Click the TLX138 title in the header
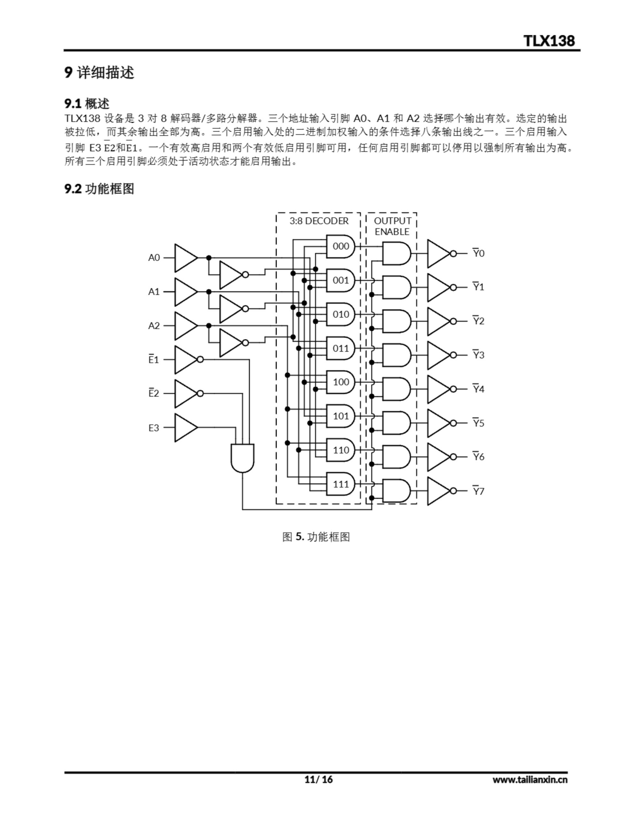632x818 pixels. pos(549,41)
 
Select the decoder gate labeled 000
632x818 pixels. pos(340,246)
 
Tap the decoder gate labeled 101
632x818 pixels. pos(340,416)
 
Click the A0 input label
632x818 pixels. pos(154,258)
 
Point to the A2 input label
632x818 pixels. pos(154,326)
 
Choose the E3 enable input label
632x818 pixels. pos(154,428)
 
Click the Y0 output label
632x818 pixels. pos(478,254)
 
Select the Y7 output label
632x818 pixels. pos(478,491)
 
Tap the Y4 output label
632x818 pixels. pos(478,389)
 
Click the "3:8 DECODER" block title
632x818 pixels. pos(319,221)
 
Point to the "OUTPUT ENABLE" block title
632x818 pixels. pos(392,226)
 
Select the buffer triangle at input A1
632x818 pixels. pos(185,292)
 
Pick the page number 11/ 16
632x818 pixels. pos(319,779)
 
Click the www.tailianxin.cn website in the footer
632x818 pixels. pos(530,779)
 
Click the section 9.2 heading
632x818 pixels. pos(99,189)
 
